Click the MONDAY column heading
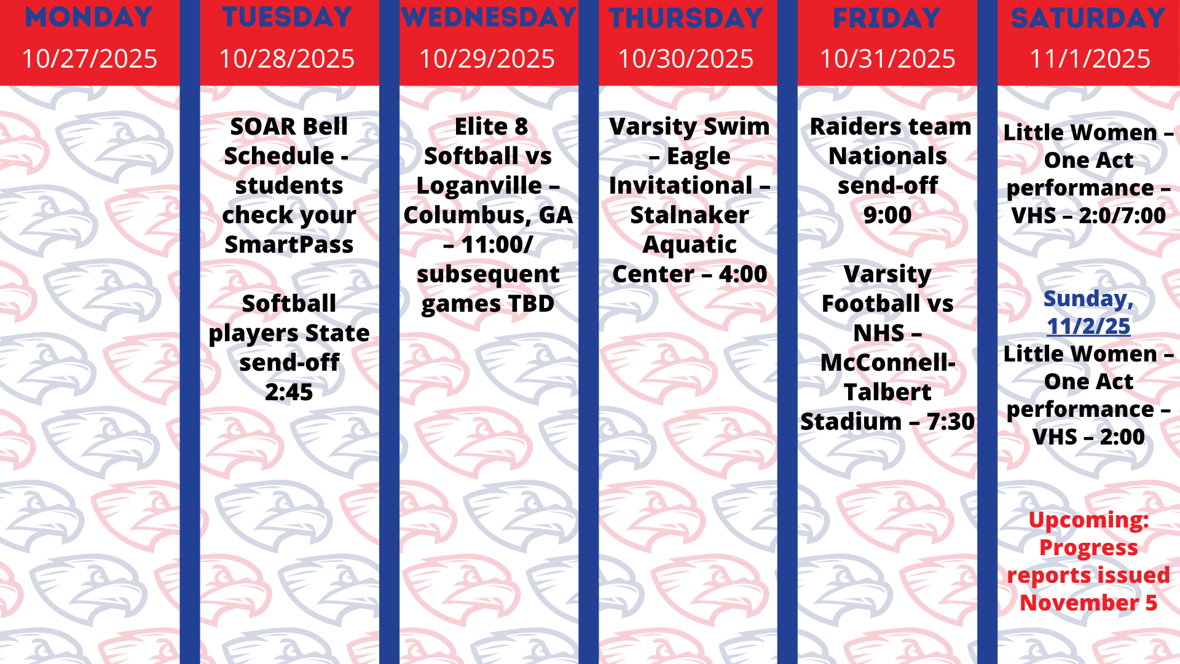coord(89,17)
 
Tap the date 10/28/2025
coord(287,59)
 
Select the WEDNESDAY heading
coord(489,17)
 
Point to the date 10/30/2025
coord(685,59)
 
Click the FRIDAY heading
coord(887,18)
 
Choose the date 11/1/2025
coord(1090,59)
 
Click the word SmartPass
coord(289,245)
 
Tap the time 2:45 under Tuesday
coord(289,392)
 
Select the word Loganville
coord(479,186)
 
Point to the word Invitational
coord(681,186)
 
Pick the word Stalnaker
coord(690,215)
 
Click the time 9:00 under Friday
coord(887,215)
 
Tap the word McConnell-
coord(887,363)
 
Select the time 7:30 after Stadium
coord(951,422)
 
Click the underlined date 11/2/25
coord(1088,326)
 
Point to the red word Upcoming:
coord(1088,520)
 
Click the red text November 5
coord(1088,603)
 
